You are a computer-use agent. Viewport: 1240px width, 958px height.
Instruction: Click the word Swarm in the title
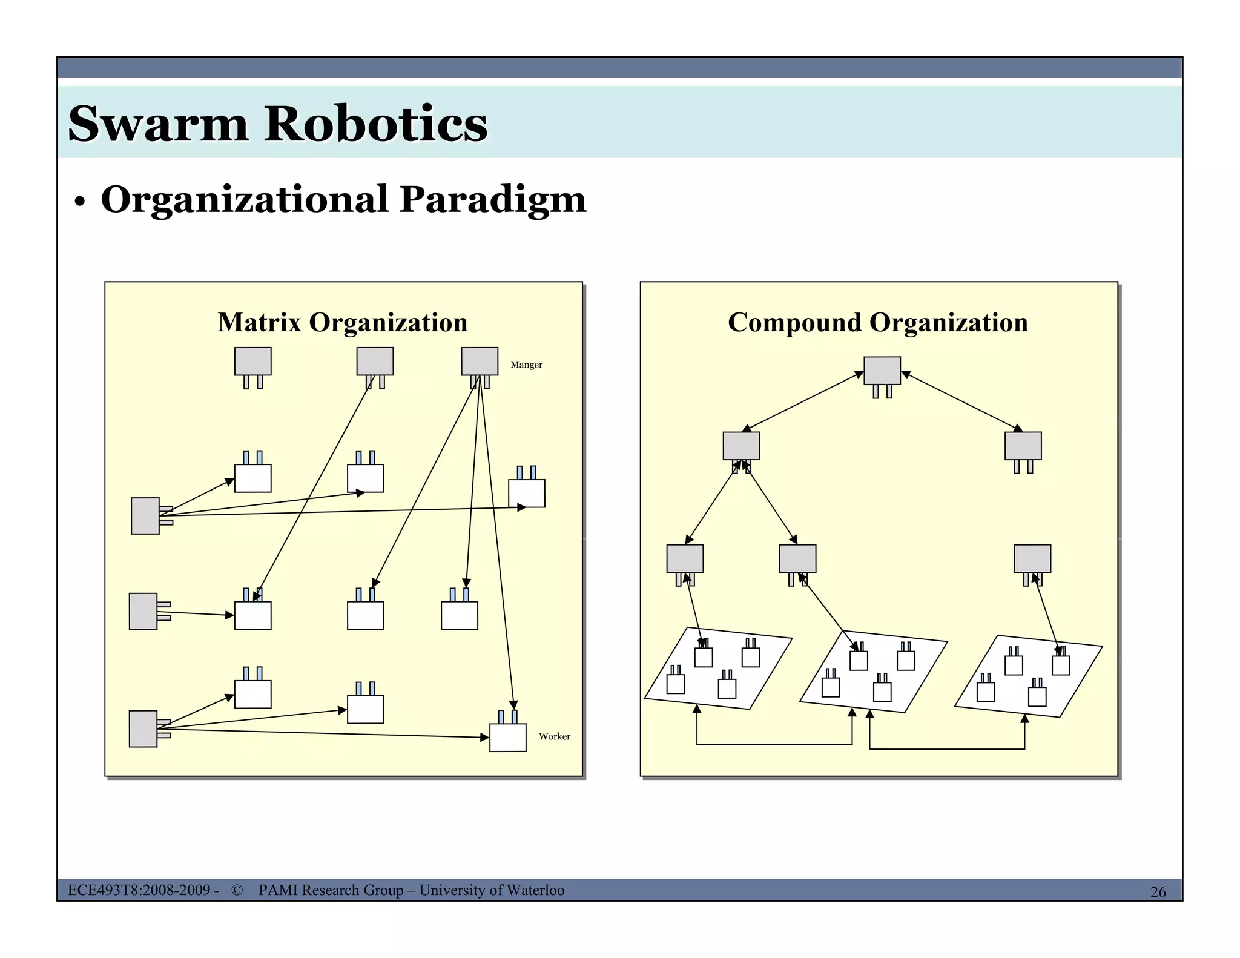158,124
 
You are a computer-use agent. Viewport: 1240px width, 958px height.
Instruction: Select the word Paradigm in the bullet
493,200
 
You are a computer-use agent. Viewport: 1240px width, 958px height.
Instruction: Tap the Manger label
526,365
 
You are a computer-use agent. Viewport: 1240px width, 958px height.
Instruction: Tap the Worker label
554,736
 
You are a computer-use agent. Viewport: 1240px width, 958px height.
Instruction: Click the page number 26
1158,891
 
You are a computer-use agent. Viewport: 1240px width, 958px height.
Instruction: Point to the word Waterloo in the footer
535,890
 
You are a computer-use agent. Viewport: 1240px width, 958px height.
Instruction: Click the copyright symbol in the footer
237,890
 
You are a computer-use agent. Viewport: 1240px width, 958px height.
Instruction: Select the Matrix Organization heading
343,322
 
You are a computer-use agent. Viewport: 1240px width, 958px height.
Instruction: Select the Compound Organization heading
877,322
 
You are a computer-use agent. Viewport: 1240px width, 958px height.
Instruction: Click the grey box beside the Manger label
480,362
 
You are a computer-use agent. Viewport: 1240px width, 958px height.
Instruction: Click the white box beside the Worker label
507,737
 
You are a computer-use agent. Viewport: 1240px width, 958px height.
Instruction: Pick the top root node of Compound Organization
882,371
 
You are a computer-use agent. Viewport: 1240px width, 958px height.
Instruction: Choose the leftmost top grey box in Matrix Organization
252,362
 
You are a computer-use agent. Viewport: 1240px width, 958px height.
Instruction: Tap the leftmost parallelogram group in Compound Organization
718,669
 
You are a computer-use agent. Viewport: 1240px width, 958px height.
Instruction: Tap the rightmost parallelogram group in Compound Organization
1028,676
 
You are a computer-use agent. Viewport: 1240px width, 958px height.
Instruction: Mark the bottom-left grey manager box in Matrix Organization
143,728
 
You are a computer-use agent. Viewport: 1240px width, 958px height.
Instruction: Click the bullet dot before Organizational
79,203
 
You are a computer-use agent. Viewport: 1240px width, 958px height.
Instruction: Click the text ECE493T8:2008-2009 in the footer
139,890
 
